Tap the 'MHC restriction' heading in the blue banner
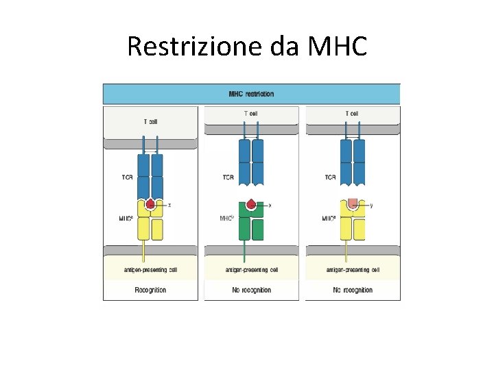pyautogui.click(x=251, y=94)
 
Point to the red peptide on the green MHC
pyautogui.click(x=252, y=204)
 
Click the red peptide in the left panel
pyautogui.click(x=150, y=203)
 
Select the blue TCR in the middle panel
pyautogui.click(x=251, y=162)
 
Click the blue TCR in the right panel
pyautogui.click(x=353, y=162)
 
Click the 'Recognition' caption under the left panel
pyautogui.click(x=150, y=290)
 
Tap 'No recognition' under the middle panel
pyautogui.click(x=251, y=290)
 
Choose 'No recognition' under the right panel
pyautogui.click(x=353, y=290)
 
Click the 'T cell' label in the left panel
pyautogui.click(x=150, y=122)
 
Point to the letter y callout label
pyautogui.click(x=371, y=204)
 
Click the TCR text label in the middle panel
pyautogui.click(x=228, y=177)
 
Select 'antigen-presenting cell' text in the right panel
pyautogui.click(x=353, y=270)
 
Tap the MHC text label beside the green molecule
pyautogui.click(x=227, y=219)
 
